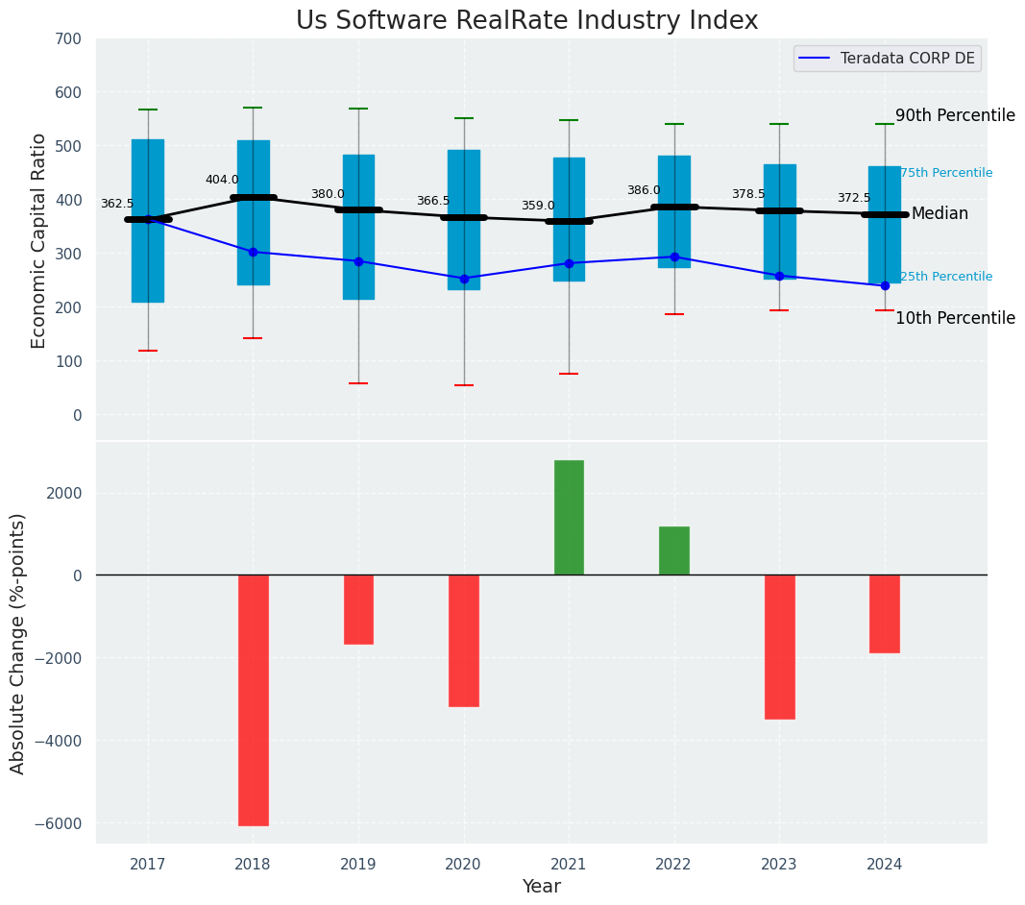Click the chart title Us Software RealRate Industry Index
pyautogui.click(x=526, y=21)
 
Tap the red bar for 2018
pyautogui.click(x=254, y=699)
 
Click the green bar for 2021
pyautogui.click(x=569, y=518)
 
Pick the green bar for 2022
pyautogui.click(x=674, y=550)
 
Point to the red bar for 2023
pyautogui.click(x=779, y=647)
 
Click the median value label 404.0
pyautogui.click(x=222, y=180)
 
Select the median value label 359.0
pyautogui.click(x=538, y=206)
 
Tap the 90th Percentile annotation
pyautogui.click(x=955, y=116)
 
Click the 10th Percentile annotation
pyautogui.click(x=955, y=318)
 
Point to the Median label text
pyautogui.click(x=940, y=214)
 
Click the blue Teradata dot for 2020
pyautogui.click(x=464, y=279)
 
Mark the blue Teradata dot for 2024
pyautogui.click(x=885, y=285)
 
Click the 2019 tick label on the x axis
pyautogui.click(x=358, y=865)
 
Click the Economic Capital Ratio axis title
pyautogui.click(x=39, y=240)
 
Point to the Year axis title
pyautogui.click(x=542, y=887)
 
